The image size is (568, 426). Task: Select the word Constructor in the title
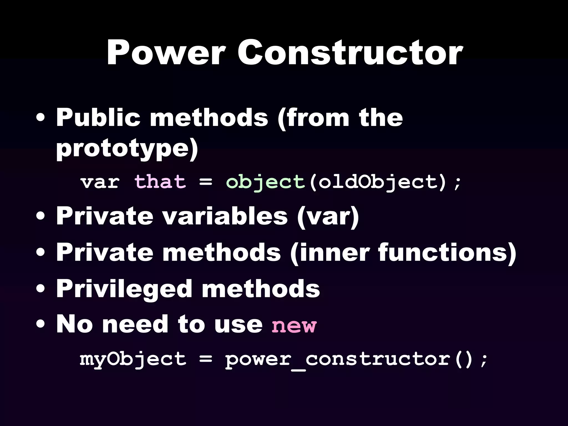[350, 53]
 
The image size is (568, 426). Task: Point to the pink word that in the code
[160, 182]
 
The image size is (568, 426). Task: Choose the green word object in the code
[265, 182]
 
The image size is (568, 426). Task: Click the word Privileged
[124, 289]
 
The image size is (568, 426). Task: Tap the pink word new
[294, 325]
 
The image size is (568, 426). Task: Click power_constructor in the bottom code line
[337, 359]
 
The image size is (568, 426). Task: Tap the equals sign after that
[206, 182]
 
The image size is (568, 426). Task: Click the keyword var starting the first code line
[100, 182]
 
